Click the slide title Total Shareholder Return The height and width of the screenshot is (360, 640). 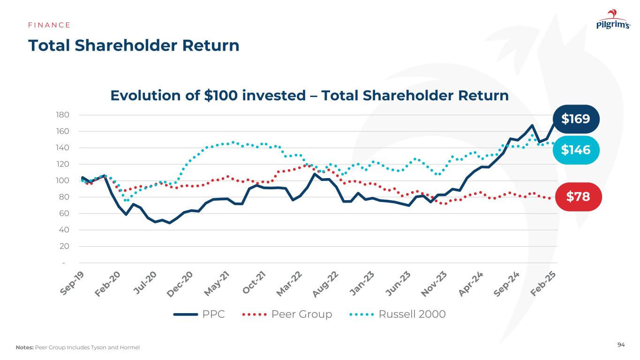click(x=134, y=45)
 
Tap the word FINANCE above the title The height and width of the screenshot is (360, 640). click(x=49, y=25)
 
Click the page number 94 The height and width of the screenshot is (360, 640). click(x=621, y=345)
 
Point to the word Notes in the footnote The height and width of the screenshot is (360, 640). click(x=24, y=347)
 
